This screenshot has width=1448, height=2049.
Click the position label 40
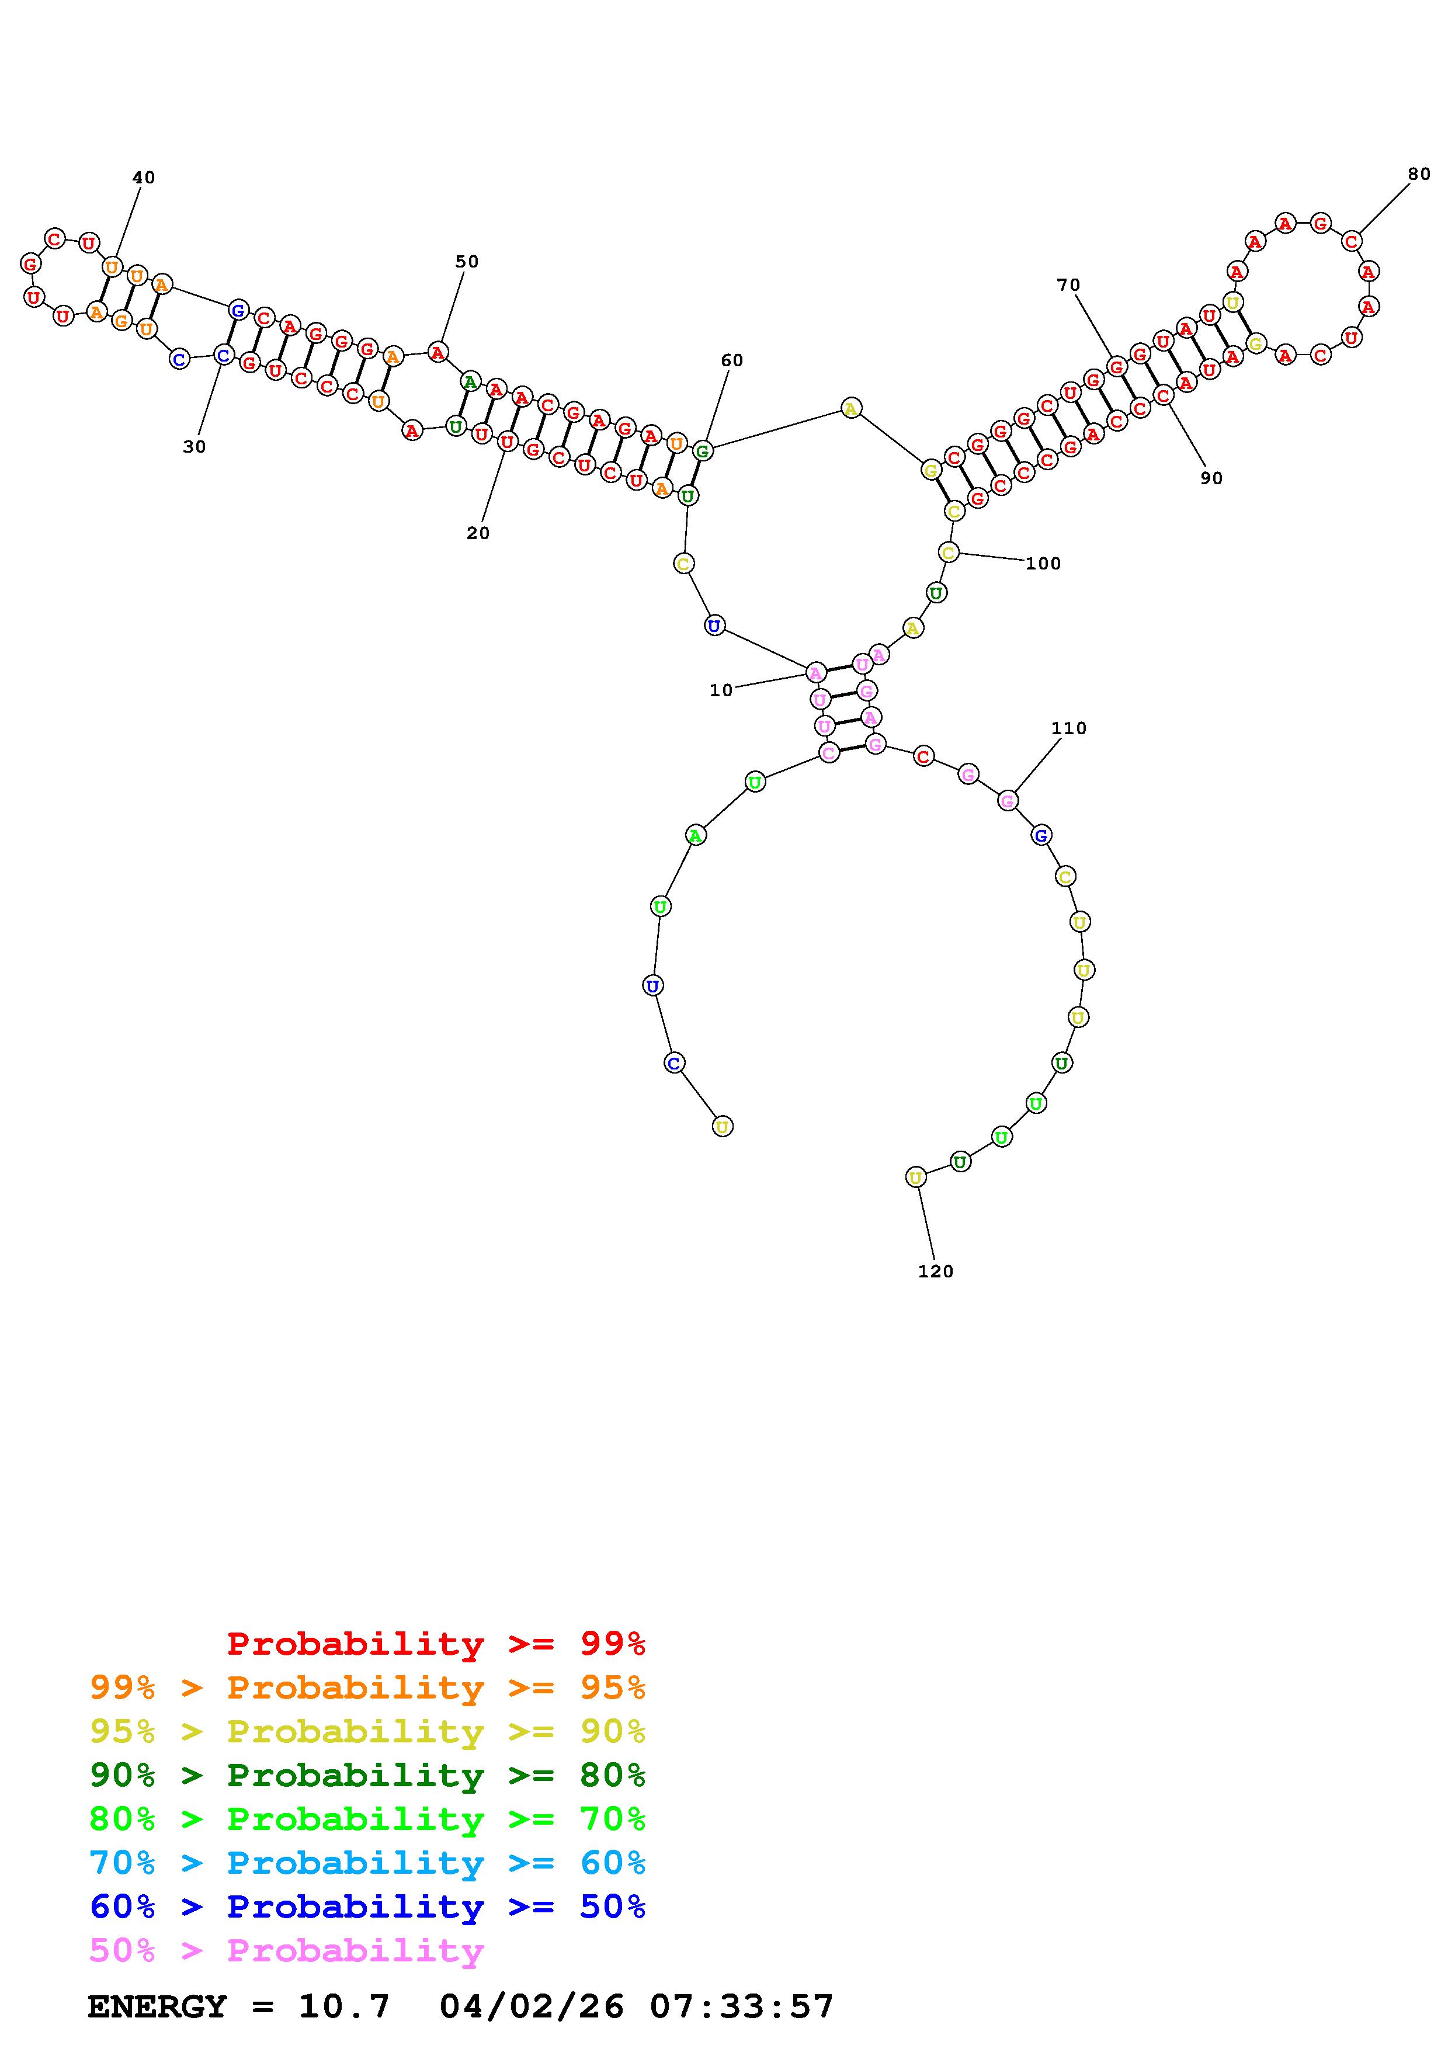pyautogui.click(x=144, y=178)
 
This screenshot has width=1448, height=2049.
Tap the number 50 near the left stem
pyautogui.click(x=467, y=262)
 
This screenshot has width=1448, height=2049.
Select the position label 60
pyautogui.click(x=731, y=360)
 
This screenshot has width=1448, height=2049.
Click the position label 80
pyautogui.click(x=1419, y=174)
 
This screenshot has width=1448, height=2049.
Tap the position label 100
pyautogui.click(x=1043, y=563)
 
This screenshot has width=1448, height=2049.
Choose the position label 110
pyautogui.click(x=1069, y=728)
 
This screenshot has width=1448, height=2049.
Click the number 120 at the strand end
pyautogui.click(x=936, y=1272)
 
